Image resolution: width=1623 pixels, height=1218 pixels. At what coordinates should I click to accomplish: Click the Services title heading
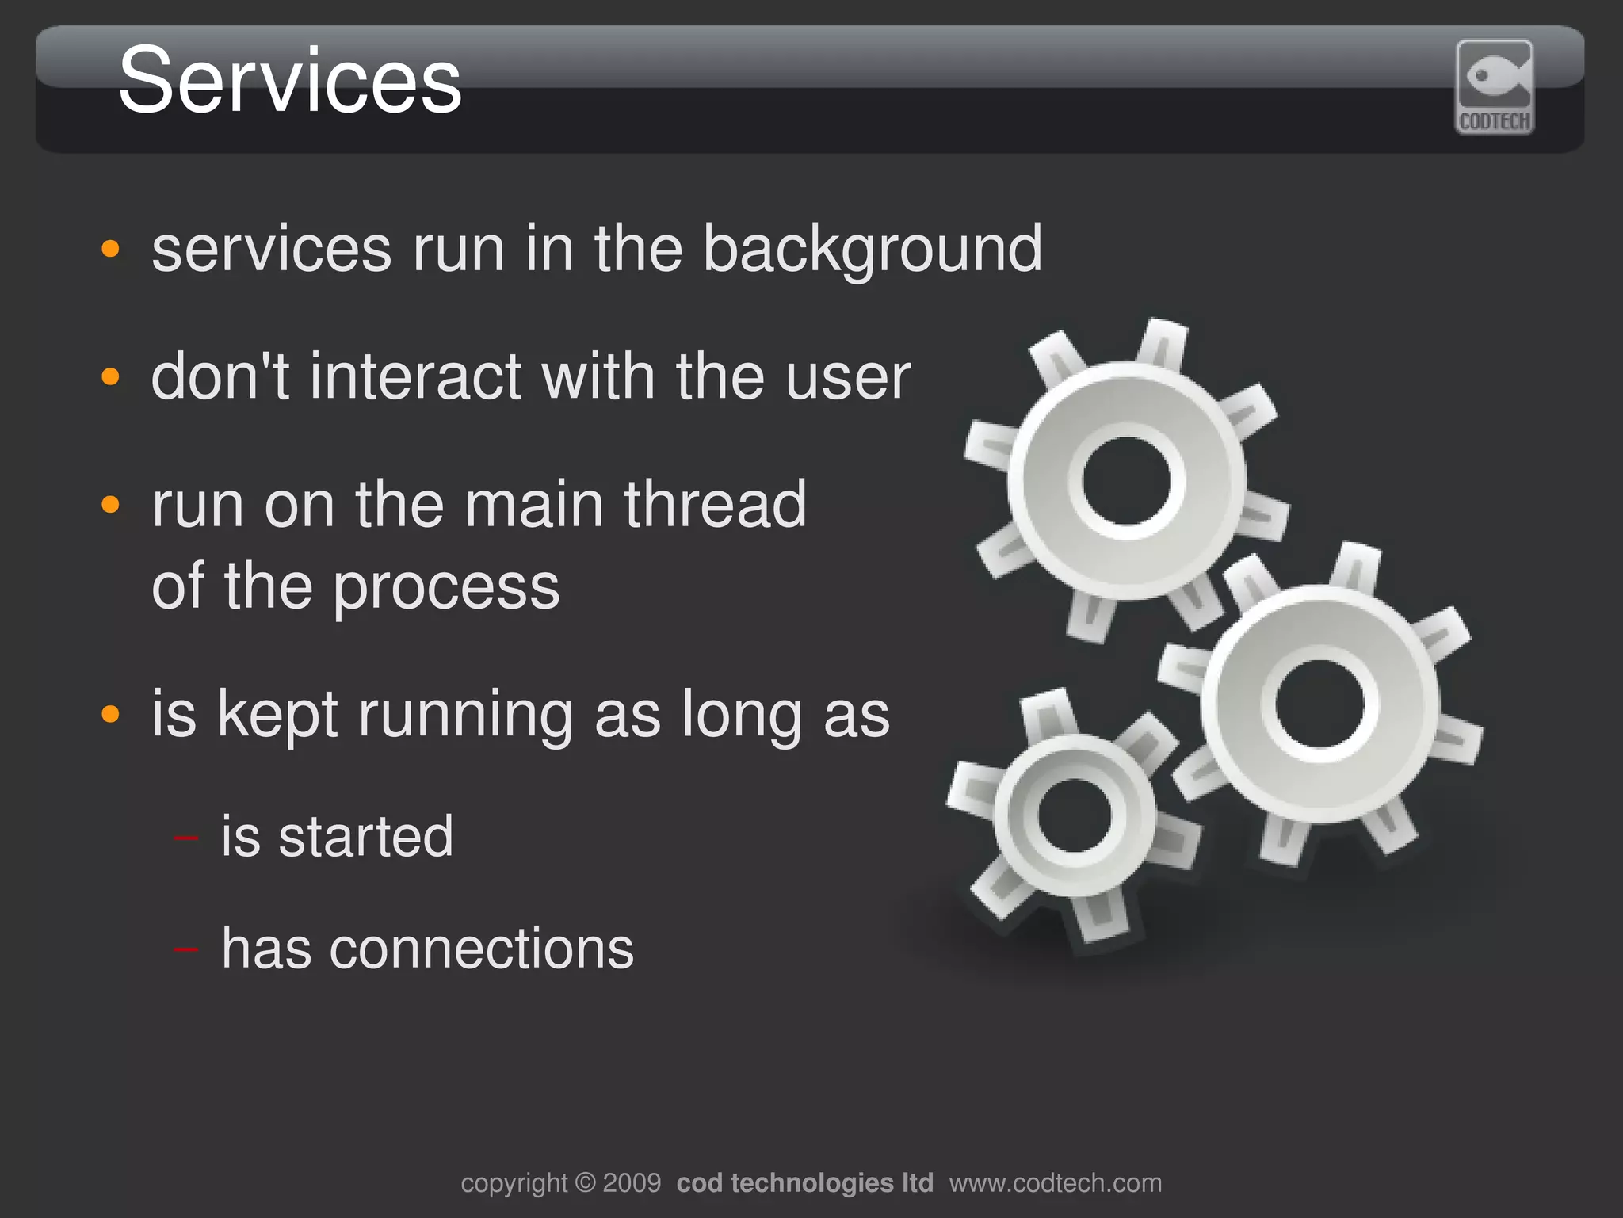pyautogui.click(x=290, y=81)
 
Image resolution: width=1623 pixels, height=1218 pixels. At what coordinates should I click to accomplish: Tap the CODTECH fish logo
pyautogui.click(x=1494, y=86)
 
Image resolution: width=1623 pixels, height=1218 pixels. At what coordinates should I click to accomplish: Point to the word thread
pyautogui.click(x=715, y=504)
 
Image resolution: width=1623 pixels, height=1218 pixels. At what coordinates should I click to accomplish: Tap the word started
pyautogui.click(x=365, y=837)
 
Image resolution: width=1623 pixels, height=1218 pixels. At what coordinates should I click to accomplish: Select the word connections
pyautogui.click(x=482, y=949)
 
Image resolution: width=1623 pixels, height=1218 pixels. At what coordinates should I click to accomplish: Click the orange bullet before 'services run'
pyautogui.click(x=111, y=249)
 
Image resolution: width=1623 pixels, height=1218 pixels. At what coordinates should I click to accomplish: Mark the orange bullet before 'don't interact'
pyautogui.click(x=111, y=376)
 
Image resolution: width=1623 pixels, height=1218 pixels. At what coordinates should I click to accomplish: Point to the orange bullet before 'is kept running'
pyautogui.click(x=111, y=714)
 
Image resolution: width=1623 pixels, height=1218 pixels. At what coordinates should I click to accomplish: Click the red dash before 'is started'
pyautogui.click(x=186, y=837)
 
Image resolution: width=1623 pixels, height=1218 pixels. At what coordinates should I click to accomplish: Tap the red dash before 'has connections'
pyautogui.click(x=186, y=948)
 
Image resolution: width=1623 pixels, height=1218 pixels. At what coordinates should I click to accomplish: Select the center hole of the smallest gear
pyautogui.click(x=1075, y=815)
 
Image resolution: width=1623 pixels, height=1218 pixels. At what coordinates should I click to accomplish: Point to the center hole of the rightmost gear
pyautogui.click(x=1320, y=704)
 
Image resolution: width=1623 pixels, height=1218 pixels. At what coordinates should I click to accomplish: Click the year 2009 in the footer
pyautogui.click(x=632, y=1183)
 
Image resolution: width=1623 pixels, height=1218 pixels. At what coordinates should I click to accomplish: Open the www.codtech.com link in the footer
pyautogui.click(x=1055, y=1183)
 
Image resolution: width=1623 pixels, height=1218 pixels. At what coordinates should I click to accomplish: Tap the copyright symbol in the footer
pyautogui.click(x=585, y=1183)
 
